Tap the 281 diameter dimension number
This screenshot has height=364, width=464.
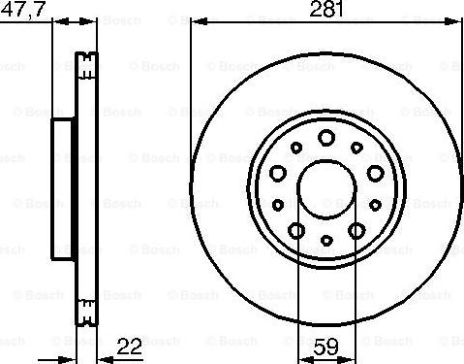[325, 10]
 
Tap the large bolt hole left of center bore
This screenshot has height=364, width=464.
[278, 173]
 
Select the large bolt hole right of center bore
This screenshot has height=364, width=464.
[374, 173]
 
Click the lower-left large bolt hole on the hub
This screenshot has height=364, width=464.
[296, 230]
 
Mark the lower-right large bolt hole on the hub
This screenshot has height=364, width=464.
[356, 230]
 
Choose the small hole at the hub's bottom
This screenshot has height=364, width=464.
[326, 239]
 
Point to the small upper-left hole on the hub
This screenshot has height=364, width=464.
[295, 148]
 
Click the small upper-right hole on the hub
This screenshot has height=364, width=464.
[357, 148]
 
